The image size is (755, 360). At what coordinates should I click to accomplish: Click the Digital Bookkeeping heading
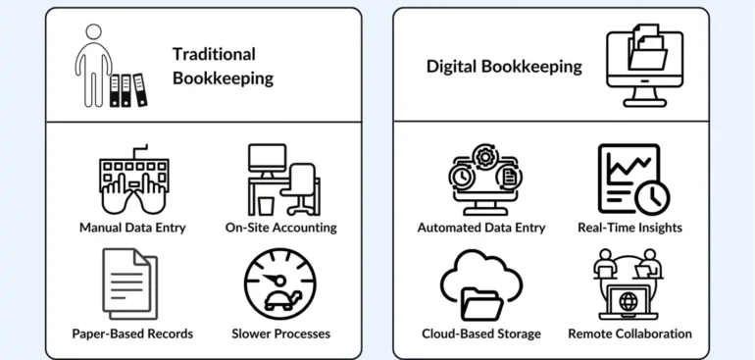click(x=504, y=67)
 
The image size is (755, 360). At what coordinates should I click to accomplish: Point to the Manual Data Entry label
click(x=132, y=228)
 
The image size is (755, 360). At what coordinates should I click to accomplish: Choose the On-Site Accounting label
click(x=280, y=228)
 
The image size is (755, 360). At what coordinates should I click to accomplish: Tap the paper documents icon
click(x=129, y=283)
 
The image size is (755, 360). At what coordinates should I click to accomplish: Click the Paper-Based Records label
click(x=132, y=334)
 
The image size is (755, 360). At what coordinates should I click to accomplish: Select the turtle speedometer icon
click(x=280, y=283)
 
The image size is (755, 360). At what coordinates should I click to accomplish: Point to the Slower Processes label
click(x=280, y=334)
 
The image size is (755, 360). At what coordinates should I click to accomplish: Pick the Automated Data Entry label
click(x=481, y=228)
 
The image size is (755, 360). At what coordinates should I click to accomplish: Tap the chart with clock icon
click(x=632, y=179)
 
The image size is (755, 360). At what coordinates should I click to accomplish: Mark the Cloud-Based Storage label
click(x=481, y=334)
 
